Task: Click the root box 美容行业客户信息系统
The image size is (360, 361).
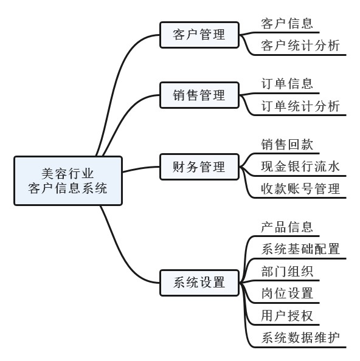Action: (68, 180)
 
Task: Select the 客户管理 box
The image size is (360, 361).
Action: (199, 35)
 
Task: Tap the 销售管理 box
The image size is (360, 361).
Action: (199, 95)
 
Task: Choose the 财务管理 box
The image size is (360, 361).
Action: (199, 167)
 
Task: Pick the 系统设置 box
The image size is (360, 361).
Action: (199, 283)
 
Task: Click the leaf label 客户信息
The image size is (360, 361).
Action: (287, 24)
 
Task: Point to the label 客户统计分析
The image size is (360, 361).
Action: (300, 46)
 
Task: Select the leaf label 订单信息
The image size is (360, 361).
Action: (287, 84)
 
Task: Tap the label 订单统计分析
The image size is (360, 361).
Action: (300, 106)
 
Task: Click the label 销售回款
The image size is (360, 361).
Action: (287, 145)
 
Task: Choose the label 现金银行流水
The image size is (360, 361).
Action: (300, 167)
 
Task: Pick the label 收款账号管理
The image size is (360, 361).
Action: (300, 189)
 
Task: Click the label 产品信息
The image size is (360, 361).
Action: (287, 227)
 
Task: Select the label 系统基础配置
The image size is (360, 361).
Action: (300, 249)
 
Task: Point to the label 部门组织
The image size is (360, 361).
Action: (287, 272)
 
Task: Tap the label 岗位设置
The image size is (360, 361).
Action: (287, 294)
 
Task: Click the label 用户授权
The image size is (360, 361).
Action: (287, 315)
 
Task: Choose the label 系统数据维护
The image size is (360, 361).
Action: (300, 338)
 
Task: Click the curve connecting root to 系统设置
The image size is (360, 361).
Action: (122, 255)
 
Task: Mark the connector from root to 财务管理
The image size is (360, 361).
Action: (141, 168)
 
